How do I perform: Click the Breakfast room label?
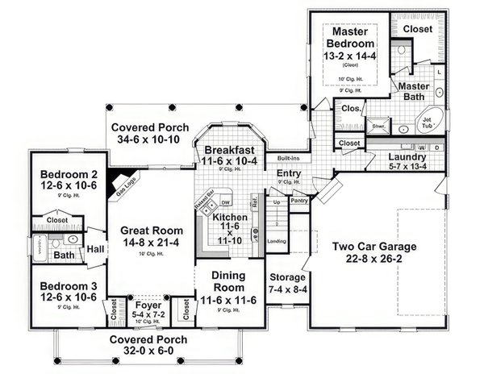230,150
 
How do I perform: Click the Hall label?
95,249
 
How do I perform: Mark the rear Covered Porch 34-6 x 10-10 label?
150,127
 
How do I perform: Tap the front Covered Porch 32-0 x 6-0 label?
150,339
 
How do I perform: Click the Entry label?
289,173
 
